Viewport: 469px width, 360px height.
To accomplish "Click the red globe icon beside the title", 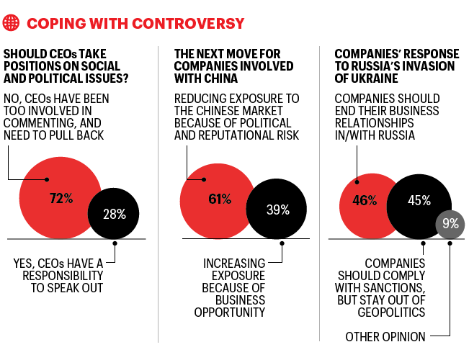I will coord(12,23).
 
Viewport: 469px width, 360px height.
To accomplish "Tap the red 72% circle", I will coord(61,199).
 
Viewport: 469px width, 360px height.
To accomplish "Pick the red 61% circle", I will coord(214,199).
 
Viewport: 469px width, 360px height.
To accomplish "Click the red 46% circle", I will coord(364,201).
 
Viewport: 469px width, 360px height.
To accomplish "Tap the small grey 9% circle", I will coord(450,224).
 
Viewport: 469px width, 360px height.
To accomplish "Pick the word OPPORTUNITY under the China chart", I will coord(230,311).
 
